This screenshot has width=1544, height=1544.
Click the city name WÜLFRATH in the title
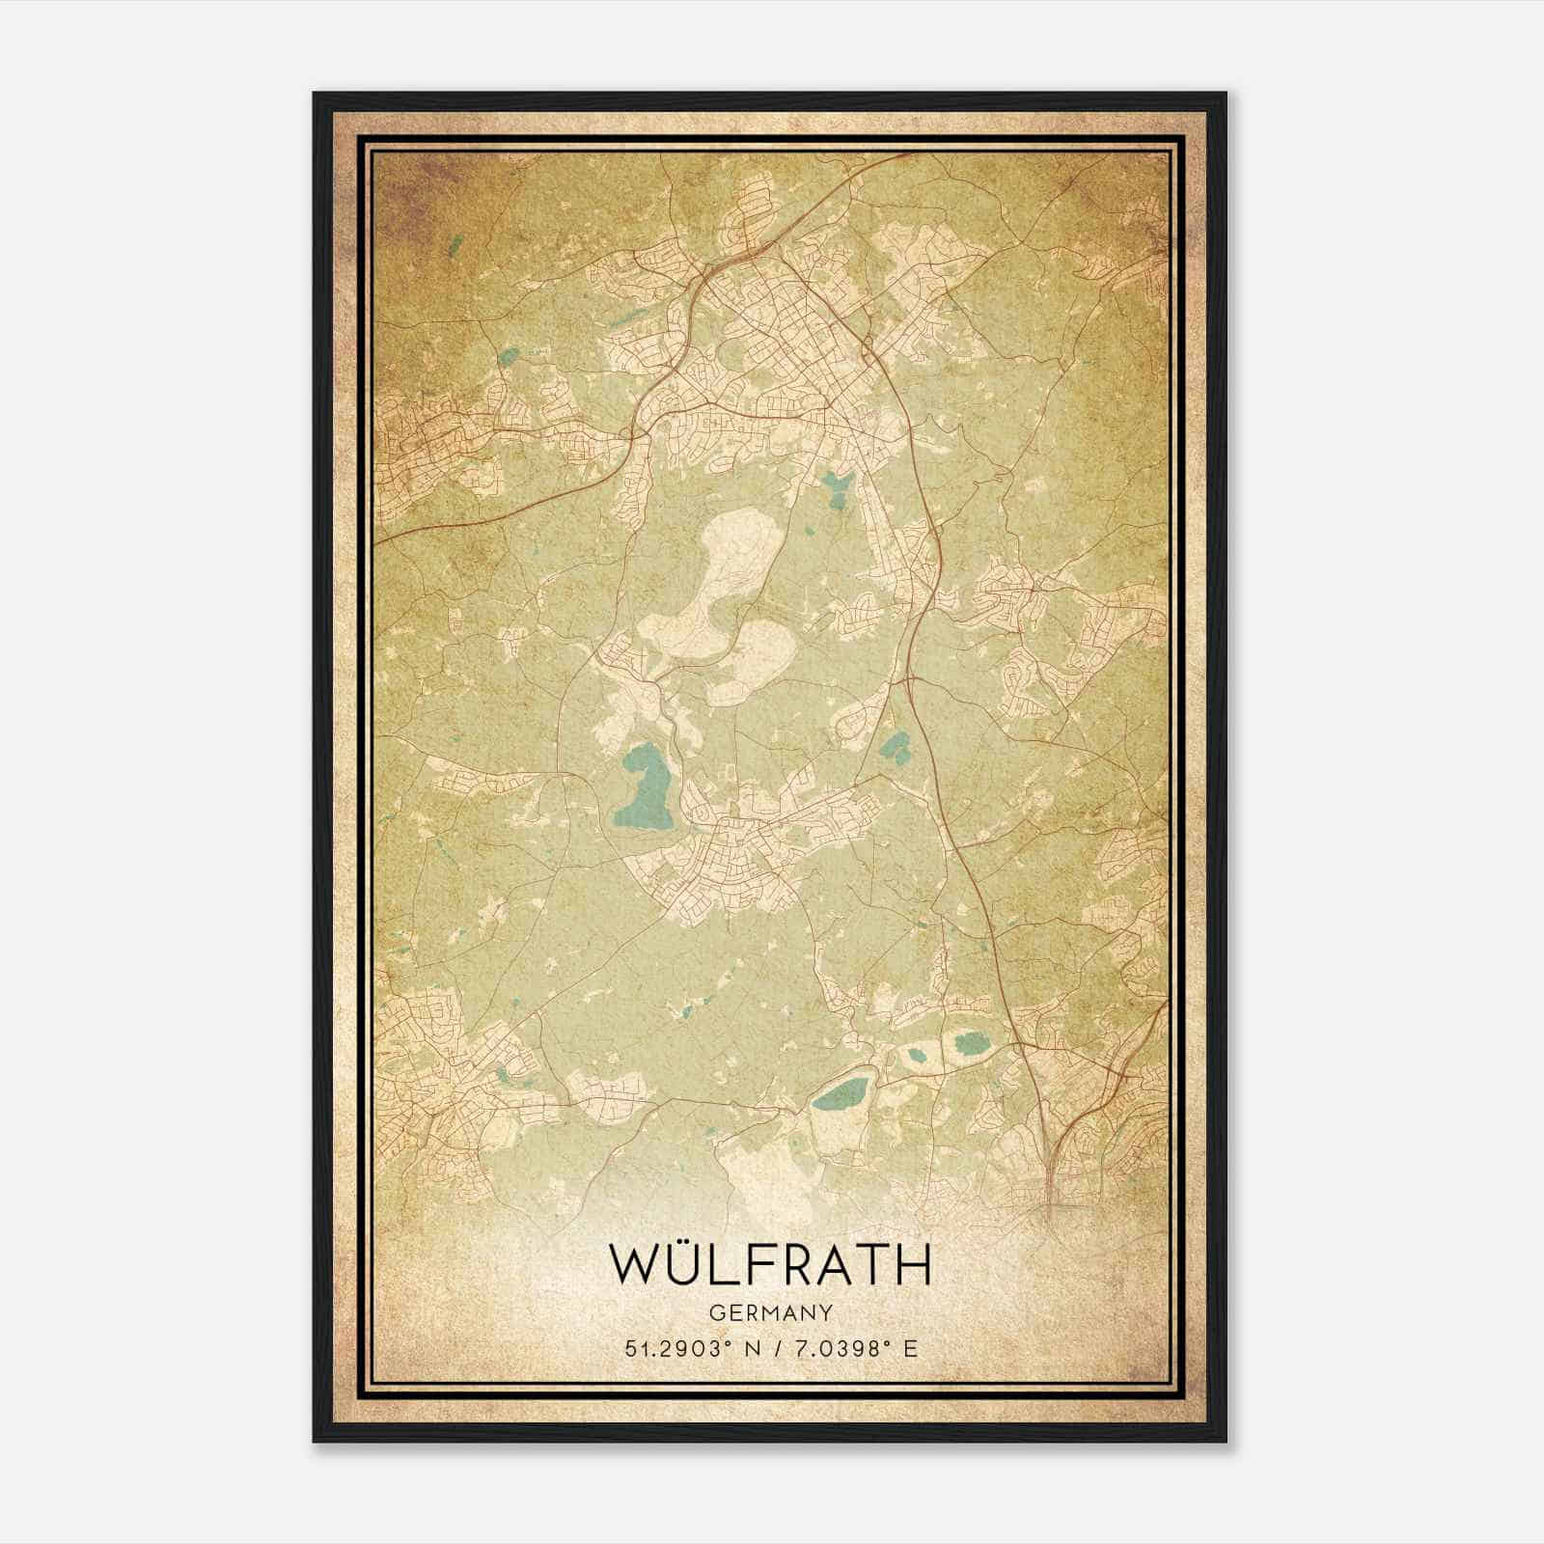pos(771,1264)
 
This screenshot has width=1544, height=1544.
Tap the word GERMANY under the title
pos(771,1312)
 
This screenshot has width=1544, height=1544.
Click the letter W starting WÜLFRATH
pos(634,1265)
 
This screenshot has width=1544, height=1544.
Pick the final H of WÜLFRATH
pos(912,1265)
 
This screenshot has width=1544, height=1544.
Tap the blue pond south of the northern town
pos(836,487)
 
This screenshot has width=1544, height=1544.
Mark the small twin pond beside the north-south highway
pos(896,746)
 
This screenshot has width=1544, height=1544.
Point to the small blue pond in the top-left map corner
pos(454,243)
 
